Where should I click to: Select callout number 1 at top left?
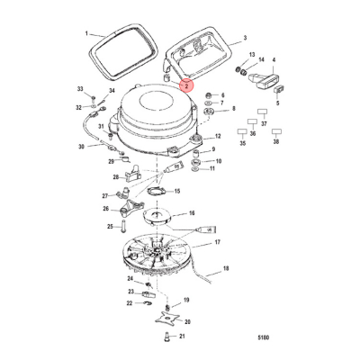(x=88, y=33)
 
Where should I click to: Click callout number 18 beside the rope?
(x=226, y=268)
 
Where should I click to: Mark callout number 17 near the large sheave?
(x=218, y=243)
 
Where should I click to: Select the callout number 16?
(x=191, y=214)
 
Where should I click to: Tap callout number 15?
(x=176, y=191)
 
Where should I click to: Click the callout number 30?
(x=80, y=146)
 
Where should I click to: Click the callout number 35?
(x=242, y=142)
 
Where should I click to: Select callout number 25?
(x=110, y=226)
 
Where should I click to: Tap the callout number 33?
(x=80, y=89)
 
